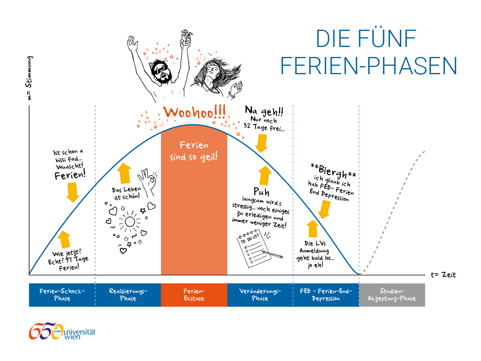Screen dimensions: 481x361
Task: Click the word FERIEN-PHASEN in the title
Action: click(368, 66)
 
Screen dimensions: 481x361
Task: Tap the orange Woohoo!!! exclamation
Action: click(194, 112)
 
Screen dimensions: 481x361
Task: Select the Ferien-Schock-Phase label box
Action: click(62, 295)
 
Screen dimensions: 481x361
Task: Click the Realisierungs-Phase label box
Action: click(128, 295)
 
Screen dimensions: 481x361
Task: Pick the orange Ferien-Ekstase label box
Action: click(194, 295)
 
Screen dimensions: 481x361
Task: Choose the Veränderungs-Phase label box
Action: click(260, 295)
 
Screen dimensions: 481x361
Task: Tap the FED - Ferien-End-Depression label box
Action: click(326, 295)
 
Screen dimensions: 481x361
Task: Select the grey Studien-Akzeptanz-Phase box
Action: click(392, 295)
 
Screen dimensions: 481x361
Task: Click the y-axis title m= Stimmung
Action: click(29, 78)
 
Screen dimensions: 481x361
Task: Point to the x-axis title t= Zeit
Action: click(443, 275)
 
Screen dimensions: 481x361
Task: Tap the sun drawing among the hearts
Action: click(130, 221)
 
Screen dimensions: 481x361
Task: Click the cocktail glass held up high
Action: click(186, 37)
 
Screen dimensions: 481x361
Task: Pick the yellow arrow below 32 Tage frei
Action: click(261, 143)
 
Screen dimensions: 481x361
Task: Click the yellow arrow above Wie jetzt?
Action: click(64, 239)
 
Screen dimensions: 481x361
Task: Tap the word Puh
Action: click(261, 192)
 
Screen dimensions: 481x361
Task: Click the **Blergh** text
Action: click(333, 171)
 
